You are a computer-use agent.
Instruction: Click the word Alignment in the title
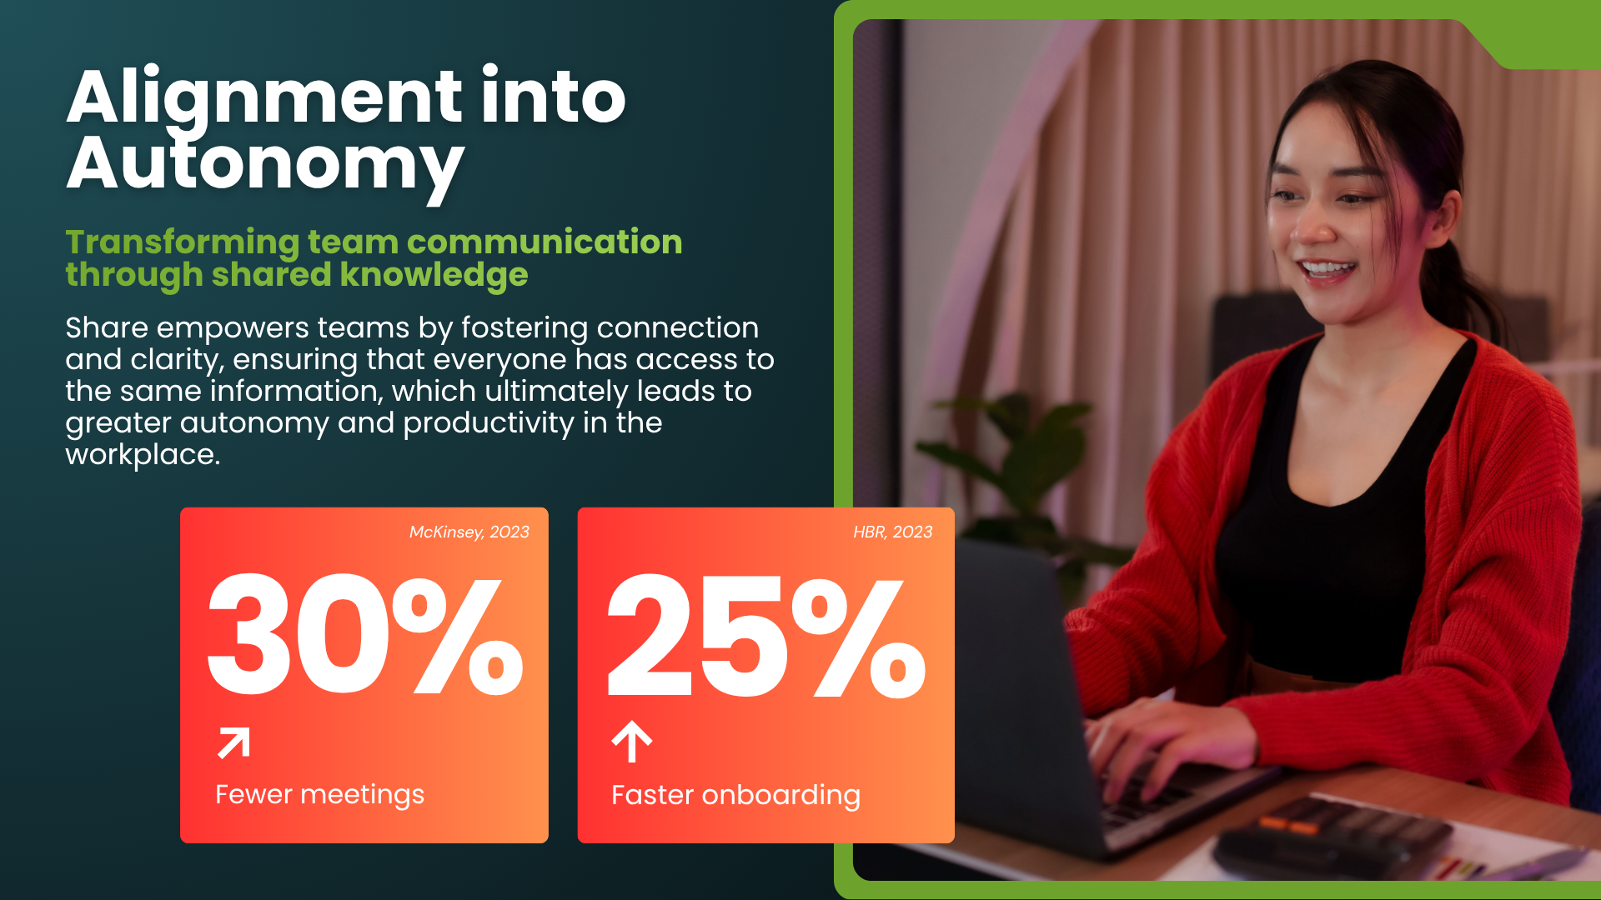click(x=264, y=98)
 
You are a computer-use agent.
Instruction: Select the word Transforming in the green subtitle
click(x=182, y=242)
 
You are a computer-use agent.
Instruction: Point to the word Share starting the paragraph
click(x=106, y=328)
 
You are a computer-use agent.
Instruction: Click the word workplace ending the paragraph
click(x=142, y=455)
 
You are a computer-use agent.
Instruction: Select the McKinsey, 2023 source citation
click(x=469, y=532)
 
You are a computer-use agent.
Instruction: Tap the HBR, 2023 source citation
click(x=892, y=532)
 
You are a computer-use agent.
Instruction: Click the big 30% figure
click(x=364, y=635)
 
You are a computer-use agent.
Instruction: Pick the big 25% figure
click(x=765, y=635)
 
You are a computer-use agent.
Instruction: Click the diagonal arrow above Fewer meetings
click(x=233, y=742)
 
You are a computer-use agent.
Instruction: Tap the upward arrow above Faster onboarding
click(x=631, y=741)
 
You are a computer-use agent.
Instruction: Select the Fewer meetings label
click(x=319, y=795)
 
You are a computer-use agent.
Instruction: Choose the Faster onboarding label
click(x=735, y=796)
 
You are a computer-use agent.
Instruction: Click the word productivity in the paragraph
click(x=488, y=423)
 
